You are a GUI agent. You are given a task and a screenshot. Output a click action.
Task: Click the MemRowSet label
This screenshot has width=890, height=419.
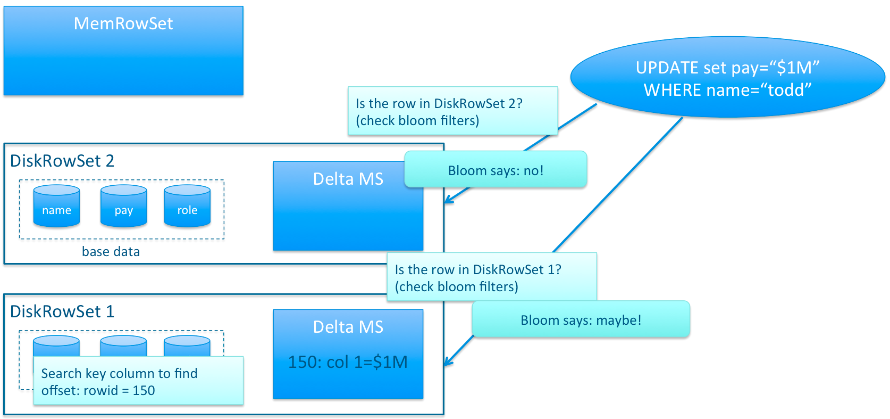tap(123, 23)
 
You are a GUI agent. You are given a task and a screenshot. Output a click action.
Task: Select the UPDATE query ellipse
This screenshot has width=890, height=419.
tap(727, 77)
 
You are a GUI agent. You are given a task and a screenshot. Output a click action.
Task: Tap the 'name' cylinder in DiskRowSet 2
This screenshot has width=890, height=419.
tap(56, 206)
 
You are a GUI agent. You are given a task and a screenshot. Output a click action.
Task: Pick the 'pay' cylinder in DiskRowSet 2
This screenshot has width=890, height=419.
tap(123, 206)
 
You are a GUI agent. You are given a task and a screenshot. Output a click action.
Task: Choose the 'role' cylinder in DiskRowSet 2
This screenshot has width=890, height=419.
tap(187, 206)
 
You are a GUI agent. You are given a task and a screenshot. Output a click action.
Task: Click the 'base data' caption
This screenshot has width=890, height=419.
tap(111, 252)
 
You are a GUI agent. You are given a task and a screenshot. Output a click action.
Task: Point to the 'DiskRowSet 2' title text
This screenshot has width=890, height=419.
tap(62, 161)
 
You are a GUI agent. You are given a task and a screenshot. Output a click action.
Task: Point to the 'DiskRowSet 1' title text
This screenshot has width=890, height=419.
tap(62, 311)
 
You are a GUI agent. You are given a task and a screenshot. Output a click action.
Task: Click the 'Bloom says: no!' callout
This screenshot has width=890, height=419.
tap(496, 169)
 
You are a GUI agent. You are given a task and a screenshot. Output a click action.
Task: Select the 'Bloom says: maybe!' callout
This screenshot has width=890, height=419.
tap(581, 319)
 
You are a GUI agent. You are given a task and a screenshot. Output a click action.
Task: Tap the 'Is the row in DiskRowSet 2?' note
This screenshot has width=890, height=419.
tap(453, 111)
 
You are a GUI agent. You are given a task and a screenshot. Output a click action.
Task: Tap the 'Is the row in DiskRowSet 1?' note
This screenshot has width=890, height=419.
tap(492, 276)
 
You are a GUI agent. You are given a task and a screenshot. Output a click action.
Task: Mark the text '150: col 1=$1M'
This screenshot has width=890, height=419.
tap(348, 362)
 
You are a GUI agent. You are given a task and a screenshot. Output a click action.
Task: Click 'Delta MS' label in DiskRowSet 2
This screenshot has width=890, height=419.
tap(348, 179)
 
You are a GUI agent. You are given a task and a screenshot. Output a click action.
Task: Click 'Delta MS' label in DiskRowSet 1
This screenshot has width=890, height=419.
tap(348, 327)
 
